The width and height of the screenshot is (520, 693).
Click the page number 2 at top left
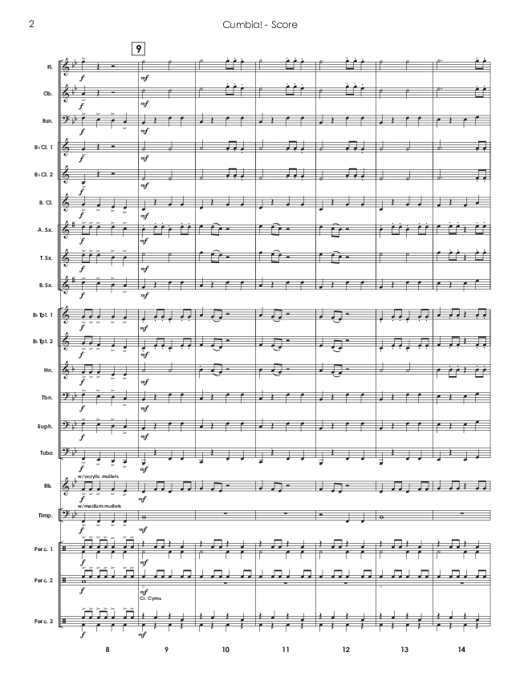coord(30,24)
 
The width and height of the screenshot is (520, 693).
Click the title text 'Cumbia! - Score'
coord(261,25)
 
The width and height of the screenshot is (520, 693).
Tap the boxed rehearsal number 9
coord(140,48)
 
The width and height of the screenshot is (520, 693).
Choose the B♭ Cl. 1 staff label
coord(45,147)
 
